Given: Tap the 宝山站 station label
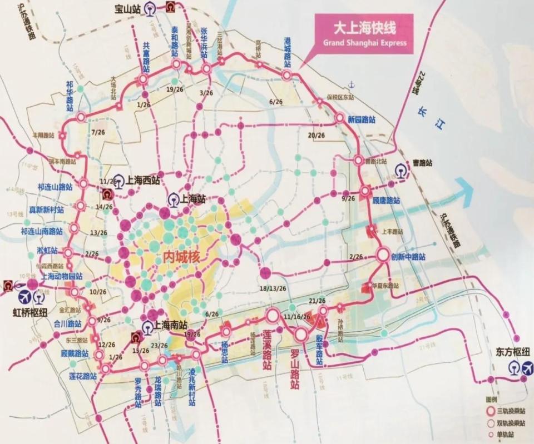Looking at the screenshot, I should pyautogui.click(x=128, y=8).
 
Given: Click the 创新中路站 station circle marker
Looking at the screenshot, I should pyautogui.click(x=383, y=255).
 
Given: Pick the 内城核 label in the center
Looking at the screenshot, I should pyautogui.click(x=181, y=257).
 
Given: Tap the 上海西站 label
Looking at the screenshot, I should pyautogui.click(x=143, y=180).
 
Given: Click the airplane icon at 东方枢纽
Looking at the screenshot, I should pyautogui.click(x=527, y=368).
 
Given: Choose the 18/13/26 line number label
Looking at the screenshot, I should pyautogui.click(x=273, y=288).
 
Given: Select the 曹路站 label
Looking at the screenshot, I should pyautogui.click(x=422, y=163).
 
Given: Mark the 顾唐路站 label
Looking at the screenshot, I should pyautogui.click(x=386, y=201).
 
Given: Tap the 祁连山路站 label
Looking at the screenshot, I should pyautogui.click(x=55, y=187).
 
